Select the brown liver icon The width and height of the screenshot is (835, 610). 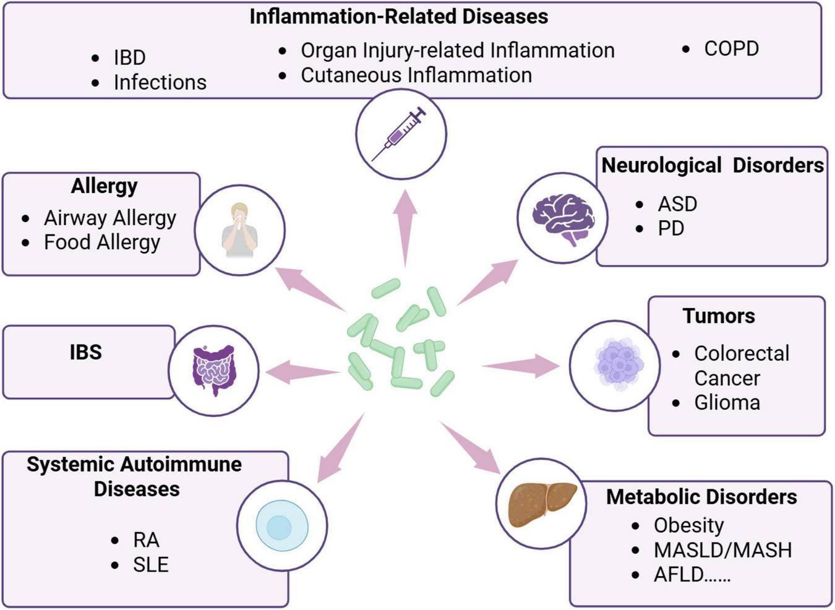[x=542, y=504]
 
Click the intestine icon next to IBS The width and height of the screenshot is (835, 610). [x=214, y=370]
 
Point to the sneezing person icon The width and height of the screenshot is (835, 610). [x=239, y=230]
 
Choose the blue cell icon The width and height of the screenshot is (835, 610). [x=282, y=526]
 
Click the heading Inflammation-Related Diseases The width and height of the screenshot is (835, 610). [x=398, y=16]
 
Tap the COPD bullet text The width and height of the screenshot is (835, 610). [x=731, y=49]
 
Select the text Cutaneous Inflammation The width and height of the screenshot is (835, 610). [x=416, y=75]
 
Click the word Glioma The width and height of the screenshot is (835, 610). [x=727, y=403]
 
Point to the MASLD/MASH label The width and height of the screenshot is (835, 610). [x=722, y=550]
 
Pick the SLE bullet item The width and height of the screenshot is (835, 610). [x=150, y=564]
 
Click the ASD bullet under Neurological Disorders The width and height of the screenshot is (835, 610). [x=677, y=204]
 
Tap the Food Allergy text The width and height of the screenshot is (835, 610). [x=101, y=242]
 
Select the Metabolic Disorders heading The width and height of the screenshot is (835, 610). [x=701, y=497]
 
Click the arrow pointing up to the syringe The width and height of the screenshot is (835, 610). [x=405, y=226]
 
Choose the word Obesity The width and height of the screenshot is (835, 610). [x=688, y=525]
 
